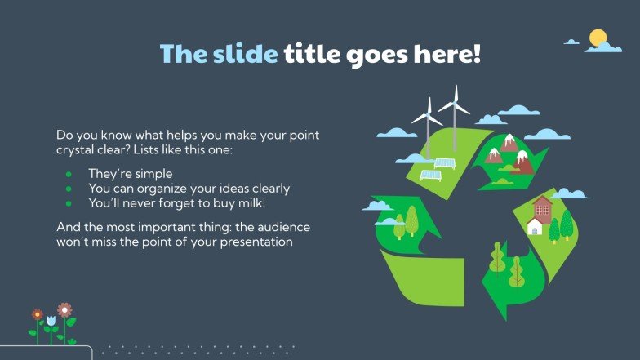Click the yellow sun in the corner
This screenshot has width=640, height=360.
[x=598, y=38]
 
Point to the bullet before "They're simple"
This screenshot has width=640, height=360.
[x=69, y=175]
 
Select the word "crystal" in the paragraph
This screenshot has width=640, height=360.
[x=76, y=149]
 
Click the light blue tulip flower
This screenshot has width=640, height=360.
[x=51, y=319]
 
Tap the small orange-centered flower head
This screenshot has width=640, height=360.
[x=37, y=314]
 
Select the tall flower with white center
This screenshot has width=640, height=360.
[x=64, y=310]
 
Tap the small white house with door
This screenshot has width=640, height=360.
[x=535, y=226]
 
